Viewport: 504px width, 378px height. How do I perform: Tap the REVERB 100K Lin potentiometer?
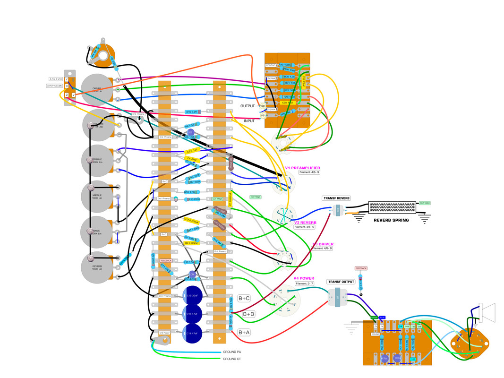pyautogui.click(x=96, y=267)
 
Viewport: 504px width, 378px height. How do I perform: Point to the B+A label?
pyautogui.click(x=244, y=333)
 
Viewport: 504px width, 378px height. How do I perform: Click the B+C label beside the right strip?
pyautogui.click(x=244, y=298)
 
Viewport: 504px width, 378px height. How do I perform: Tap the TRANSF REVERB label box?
pyautogui.click(x=336, y=198)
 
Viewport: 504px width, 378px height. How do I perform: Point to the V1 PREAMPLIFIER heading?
pyautogui.click(x=302, y=168)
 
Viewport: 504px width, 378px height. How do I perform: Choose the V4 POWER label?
pyautogui.click(x=304, y=278)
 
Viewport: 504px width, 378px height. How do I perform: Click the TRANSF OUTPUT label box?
pyautogui.click(x=341, y=282)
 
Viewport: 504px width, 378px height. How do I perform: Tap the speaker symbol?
pyautogui.click(x=487, y=312)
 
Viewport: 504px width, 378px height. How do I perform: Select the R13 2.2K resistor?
pyautogui.click(x=192, y=112)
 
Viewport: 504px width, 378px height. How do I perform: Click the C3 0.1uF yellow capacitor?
pyautogui.click(x=192, y=152)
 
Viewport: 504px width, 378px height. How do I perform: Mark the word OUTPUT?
pyautogui.click(x=248, y=106)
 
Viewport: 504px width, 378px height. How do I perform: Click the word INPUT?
pyautogui.click(x=249, y=121)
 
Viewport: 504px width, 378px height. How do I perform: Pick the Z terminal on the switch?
pyautogui.click(x=67, y=95)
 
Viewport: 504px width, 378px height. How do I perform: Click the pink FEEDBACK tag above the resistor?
pyautogui.click(x=361, y=268)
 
